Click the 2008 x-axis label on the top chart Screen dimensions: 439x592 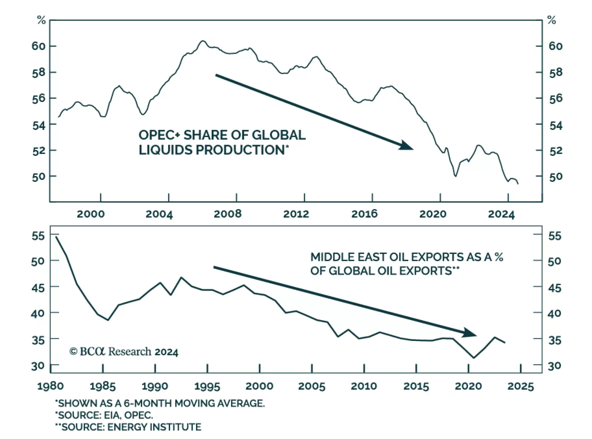228,214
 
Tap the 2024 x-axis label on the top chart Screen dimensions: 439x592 501,214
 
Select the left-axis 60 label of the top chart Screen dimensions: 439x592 38,46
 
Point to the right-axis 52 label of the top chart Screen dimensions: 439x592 555,151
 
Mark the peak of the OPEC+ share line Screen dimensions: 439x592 202,41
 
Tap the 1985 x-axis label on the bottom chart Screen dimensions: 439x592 102,386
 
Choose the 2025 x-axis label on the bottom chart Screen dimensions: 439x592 521,386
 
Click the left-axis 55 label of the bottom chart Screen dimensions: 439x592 38,236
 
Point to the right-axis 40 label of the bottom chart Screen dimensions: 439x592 554,314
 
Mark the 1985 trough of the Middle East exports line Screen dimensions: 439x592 108,320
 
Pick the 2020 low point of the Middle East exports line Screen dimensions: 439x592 474,358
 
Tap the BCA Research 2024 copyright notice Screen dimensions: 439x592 124,352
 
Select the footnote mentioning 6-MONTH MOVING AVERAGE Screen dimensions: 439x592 160,403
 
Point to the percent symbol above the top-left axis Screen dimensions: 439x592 41,20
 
